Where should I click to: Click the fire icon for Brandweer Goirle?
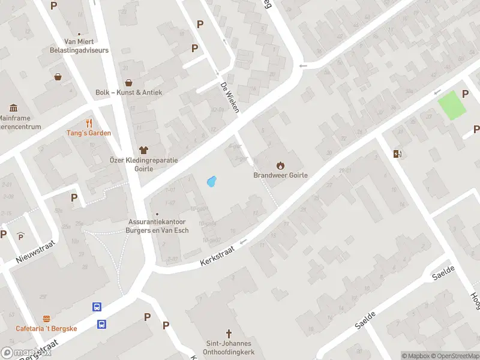pos(280,165)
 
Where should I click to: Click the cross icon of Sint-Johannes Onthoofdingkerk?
pos(229,333)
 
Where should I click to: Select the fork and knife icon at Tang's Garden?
pos(90,123)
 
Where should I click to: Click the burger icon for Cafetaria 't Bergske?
pos(46,319)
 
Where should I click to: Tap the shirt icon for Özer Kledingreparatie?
pos(143,149)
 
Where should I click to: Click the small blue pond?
pos(211,181)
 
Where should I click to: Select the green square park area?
pos(452,106)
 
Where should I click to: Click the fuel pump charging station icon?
pos(397,154)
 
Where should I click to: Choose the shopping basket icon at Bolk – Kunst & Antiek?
pos(128,83)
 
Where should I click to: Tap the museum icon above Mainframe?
pos(13,109)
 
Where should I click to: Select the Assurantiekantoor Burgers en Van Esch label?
pos(159,226)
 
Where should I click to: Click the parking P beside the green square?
pos(465,94)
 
